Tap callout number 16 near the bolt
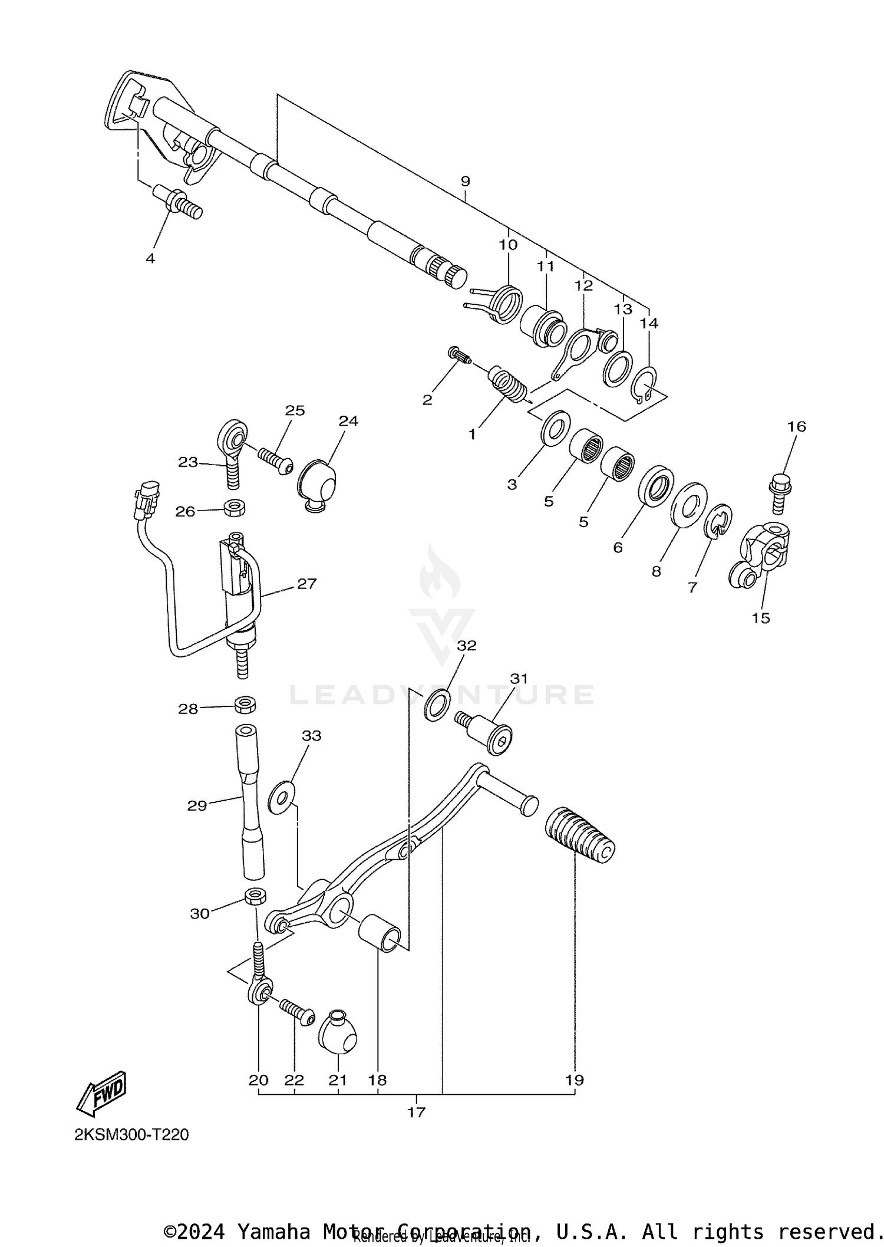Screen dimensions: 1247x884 796,426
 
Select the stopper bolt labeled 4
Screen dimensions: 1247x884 179,202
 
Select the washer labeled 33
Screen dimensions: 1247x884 282,797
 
